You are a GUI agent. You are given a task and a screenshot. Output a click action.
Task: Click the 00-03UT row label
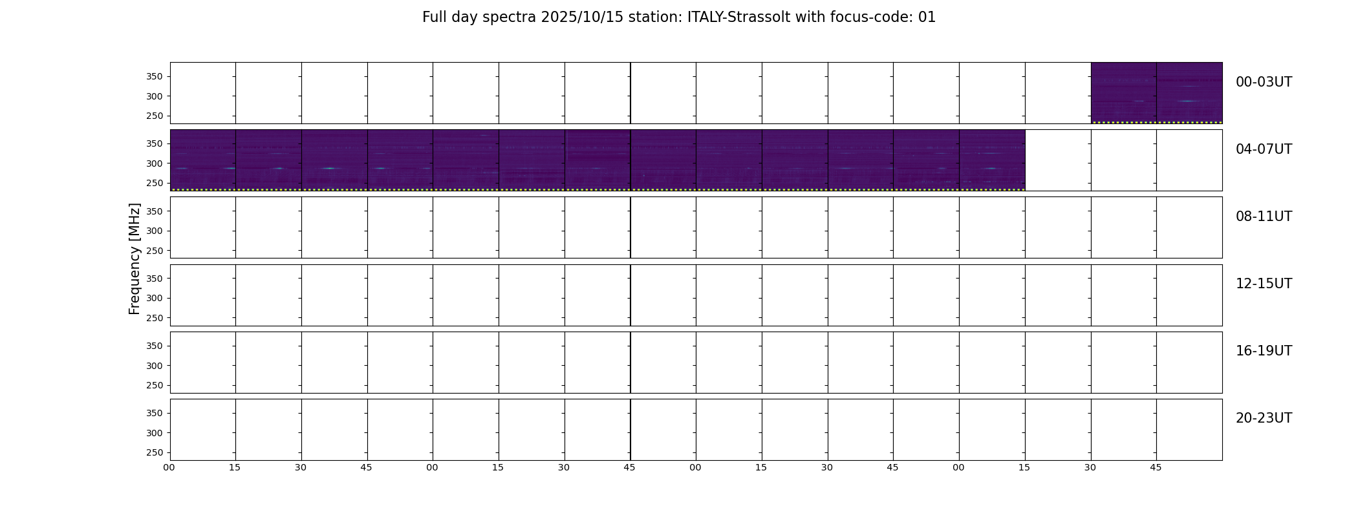click(x=1264, y=82)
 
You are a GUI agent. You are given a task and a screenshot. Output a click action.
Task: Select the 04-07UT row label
click(x=1264, y=149)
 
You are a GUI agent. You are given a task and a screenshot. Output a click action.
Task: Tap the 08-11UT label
click(x=1264, y=216)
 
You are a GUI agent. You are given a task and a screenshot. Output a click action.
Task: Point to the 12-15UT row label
click(x=1264, y=284)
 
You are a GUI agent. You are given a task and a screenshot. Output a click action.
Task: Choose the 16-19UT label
click(x=1264, y=351)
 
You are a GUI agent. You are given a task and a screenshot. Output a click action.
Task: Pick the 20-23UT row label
click(x=1264, y=418)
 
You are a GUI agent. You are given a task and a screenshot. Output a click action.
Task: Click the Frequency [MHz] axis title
click(x=135, y=258)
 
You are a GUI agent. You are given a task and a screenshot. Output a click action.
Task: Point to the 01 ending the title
click(x=927, y=17)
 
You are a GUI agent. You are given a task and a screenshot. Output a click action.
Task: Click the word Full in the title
click(x=434, y=17)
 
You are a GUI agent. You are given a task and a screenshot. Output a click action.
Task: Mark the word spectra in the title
click(x=510, y=17)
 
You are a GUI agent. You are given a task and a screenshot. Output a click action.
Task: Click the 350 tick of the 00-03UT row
click(x=155, y=76)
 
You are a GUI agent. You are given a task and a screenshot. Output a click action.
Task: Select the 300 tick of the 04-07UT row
click(x=155, y=164)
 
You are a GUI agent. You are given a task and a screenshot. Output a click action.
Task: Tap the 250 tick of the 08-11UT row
click(x=155, y=251)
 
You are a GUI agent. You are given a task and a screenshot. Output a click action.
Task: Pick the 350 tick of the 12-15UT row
click(x=155, y=279)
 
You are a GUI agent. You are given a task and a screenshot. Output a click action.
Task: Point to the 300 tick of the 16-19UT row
click(x=155, y=366)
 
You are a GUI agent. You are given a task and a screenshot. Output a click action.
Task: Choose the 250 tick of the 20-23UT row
click(x=155, y=452)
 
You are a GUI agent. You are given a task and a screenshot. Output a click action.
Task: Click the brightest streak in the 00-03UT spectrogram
click(x=1188, y=101)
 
